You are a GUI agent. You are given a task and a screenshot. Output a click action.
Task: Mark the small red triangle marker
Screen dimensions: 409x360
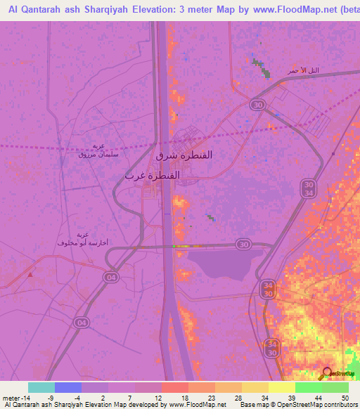30,275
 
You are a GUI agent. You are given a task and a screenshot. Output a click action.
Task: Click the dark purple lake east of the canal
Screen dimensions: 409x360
221,266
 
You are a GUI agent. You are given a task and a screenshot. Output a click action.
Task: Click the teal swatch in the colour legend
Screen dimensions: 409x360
41,387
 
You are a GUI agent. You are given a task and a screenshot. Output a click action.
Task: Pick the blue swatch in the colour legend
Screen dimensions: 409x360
67,387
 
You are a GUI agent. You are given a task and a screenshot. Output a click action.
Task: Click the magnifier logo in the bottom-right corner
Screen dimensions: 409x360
327,373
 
